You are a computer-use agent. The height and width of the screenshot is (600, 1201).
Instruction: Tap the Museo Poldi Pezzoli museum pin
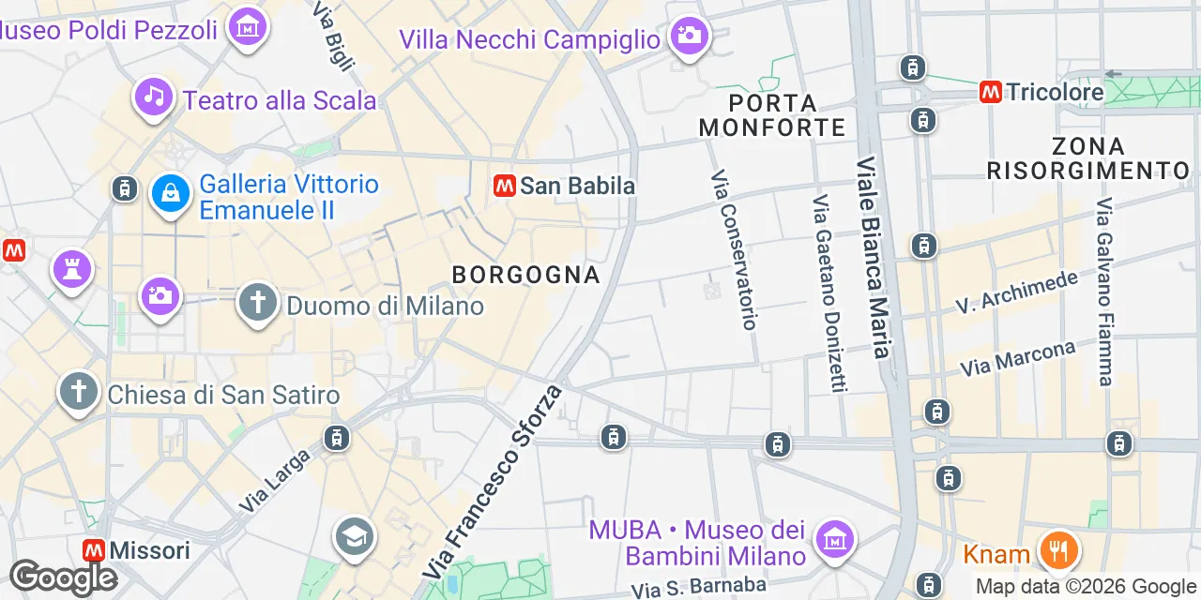[248, 27]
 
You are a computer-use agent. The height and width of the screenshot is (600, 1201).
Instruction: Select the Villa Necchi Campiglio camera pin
[690, 37]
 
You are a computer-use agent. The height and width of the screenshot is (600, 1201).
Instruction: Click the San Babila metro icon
[505, 186]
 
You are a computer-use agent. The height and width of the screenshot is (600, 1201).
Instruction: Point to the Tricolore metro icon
[990, 92]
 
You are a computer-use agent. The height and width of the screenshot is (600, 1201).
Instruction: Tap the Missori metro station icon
[94, 549]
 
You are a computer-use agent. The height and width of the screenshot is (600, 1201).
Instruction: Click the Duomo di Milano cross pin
[258, 303]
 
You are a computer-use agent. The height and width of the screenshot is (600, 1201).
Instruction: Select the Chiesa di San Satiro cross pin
[79, 392]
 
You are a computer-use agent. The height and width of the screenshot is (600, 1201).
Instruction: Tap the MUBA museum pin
[834, 538]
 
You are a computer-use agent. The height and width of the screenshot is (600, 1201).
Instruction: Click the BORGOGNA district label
[525, 275]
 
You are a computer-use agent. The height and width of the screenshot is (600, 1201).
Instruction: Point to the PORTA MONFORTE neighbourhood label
[772, 114]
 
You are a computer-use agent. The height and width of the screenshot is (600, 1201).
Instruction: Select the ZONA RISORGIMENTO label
[1088, 158]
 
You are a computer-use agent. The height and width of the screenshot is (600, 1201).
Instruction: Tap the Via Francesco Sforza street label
[493, 481]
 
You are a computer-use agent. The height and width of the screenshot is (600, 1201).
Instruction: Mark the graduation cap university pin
[355, 537]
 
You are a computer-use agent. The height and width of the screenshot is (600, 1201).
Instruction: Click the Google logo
[62, 577]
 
